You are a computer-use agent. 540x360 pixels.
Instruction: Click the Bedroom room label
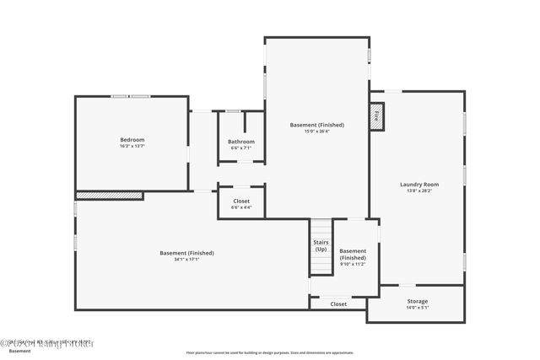click(132, 139)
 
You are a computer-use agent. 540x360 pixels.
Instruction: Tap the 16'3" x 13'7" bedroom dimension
click(132, 147)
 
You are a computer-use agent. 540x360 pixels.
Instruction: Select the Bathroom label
click(241, 142)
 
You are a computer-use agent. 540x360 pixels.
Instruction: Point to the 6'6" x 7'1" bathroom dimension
click(241, 148)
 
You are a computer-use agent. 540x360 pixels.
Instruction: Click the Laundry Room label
click(418, 184)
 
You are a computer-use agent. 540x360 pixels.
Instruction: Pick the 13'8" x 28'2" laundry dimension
click(418, 191)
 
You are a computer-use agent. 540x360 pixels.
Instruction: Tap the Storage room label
click(417, 301)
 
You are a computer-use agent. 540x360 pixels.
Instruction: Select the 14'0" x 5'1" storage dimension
click(417, 308)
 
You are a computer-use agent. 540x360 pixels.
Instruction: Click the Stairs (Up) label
click(321, 246)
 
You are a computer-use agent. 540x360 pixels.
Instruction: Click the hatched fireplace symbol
click(377, 117)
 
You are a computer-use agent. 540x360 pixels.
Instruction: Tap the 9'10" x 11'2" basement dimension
click(353, 264)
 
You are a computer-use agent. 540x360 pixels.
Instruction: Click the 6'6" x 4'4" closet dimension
click(241, 207)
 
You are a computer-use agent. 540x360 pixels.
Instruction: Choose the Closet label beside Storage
click(338, 304)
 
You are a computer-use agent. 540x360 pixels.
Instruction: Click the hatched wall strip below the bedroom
click(109, 196)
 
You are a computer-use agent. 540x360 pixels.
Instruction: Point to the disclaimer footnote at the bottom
click(270, 352)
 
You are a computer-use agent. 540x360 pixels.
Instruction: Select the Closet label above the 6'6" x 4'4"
click(241, 201)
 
